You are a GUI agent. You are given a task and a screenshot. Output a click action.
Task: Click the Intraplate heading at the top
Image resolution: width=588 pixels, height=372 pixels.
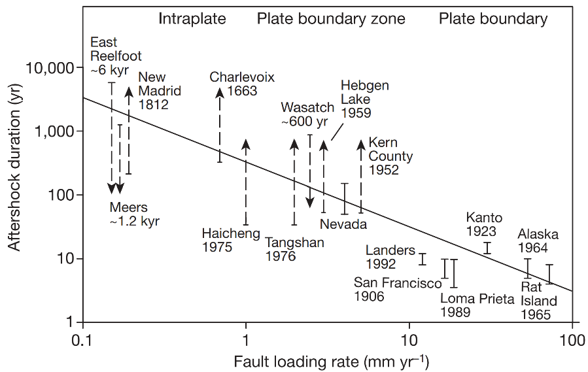192,19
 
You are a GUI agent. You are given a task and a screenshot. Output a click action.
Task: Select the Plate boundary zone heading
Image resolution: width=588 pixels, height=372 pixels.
330,19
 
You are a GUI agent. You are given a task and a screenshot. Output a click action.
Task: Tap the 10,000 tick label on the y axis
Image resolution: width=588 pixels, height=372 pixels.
50,68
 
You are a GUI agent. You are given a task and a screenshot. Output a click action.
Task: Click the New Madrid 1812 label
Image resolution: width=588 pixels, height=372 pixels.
160,91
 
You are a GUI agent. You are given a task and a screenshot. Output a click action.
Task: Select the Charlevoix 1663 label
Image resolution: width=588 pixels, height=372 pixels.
242,84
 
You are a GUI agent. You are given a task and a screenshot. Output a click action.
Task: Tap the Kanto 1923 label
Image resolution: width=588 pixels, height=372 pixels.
484,224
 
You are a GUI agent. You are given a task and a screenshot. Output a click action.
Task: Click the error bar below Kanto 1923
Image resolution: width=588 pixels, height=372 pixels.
487,248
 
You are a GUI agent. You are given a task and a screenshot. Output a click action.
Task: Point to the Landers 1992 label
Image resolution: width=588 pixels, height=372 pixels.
390,257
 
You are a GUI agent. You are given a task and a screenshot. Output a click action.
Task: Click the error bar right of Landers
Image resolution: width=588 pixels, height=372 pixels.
422,259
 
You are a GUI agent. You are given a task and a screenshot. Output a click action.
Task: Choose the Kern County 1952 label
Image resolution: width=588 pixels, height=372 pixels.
390,156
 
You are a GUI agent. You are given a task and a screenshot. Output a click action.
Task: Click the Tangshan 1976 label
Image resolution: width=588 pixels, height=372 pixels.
294,249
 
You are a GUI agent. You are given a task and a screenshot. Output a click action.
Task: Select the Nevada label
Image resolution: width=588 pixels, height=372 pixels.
343,224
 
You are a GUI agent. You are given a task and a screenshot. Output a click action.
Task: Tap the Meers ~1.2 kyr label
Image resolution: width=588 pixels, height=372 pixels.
134,214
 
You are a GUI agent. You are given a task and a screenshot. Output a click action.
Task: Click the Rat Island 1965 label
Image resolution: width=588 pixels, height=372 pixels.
538,300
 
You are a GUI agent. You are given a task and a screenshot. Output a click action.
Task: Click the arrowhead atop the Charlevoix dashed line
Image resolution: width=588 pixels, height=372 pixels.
220,92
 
